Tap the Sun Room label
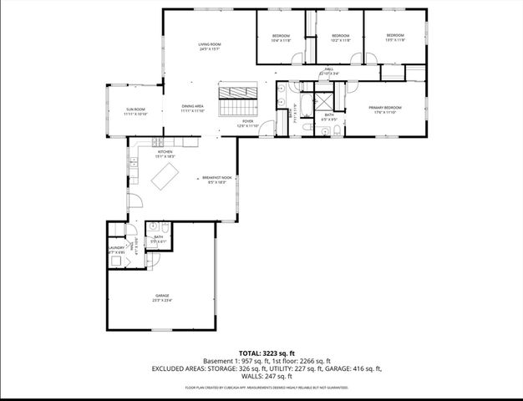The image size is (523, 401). click(135, 111)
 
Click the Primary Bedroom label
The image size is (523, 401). click(385, 109)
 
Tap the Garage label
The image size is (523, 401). click(162, 297)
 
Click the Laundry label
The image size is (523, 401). click(116, 249)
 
